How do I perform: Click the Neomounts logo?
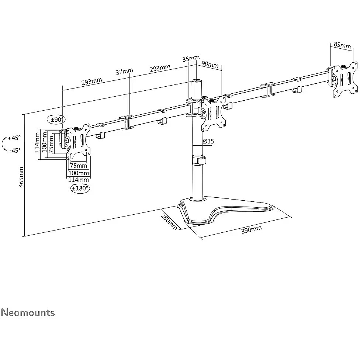point(28,313)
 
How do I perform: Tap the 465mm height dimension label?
point(21,177)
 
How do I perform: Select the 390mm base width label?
point(252,229)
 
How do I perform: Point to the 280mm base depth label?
point(169,222)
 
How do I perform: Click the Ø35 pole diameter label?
point(208,141)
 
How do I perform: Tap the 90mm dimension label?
point(210,64)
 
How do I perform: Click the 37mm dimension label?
point(124,72)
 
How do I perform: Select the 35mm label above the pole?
point(191,58)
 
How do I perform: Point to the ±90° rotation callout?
point(56,120)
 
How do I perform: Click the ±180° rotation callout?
point(80,188)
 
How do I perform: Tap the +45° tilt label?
point(14,138)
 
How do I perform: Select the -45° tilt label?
point(15,150)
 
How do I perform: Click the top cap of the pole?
point(196,81)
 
